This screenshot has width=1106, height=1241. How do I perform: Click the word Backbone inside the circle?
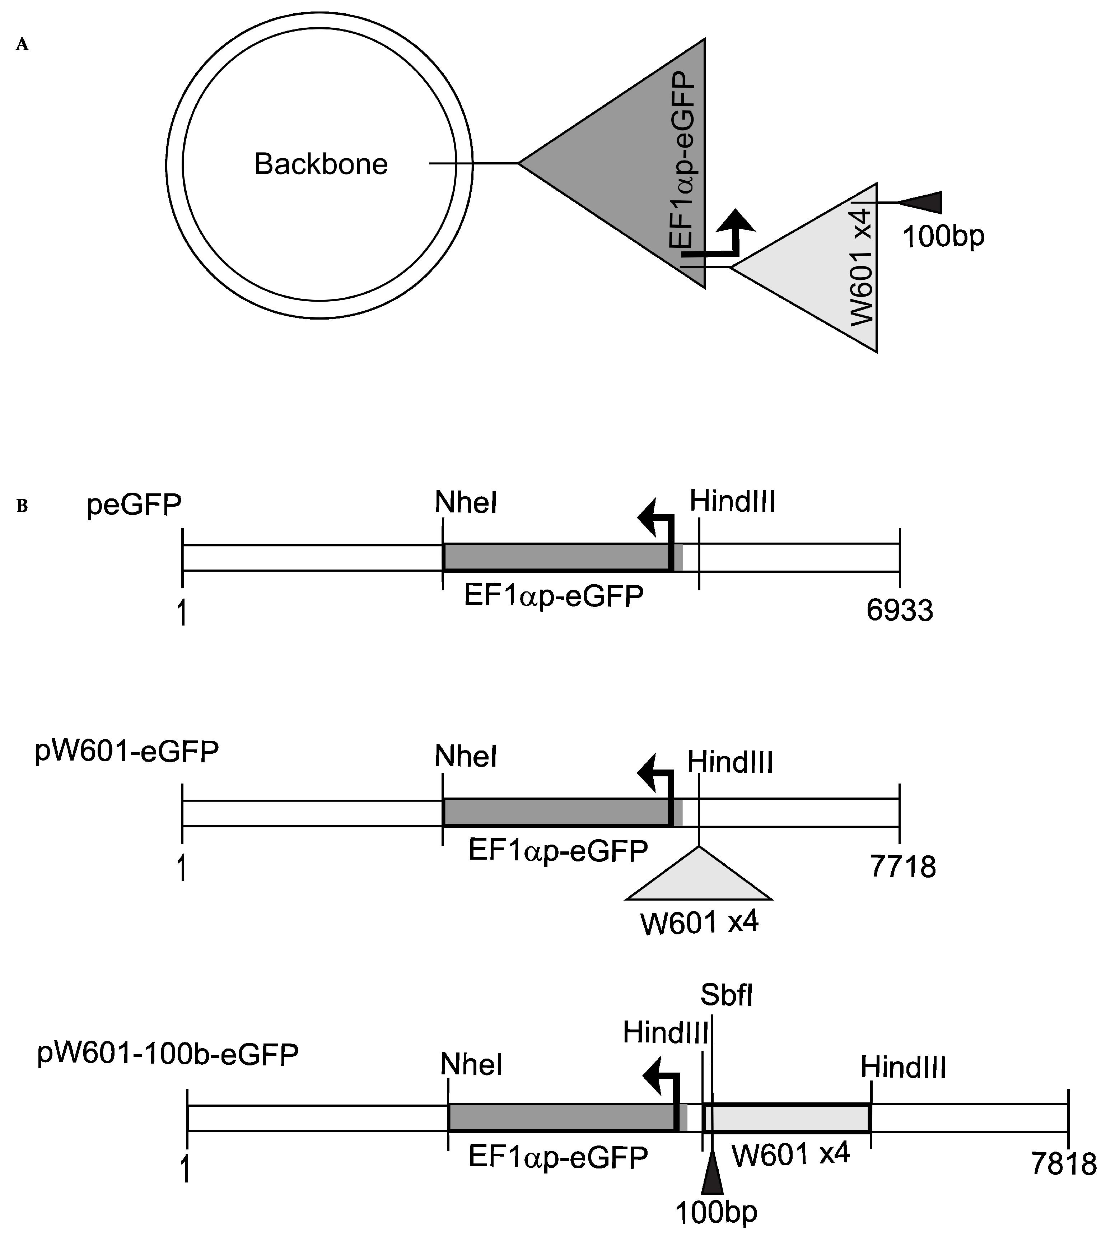coord(321,164)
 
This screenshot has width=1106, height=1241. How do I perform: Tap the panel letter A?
coord(23,45)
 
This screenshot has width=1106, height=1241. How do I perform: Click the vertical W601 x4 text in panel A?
coord(861,268)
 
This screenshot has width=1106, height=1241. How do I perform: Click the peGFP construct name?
coord(134,505)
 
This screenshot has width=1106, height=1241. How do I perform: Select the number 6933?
coord(899,610)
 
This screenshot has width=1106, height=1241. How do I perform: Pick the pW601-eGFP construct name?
coord(127,752)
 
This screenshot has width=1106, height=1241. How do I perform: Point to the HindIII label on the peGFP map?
coord(732,502)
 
